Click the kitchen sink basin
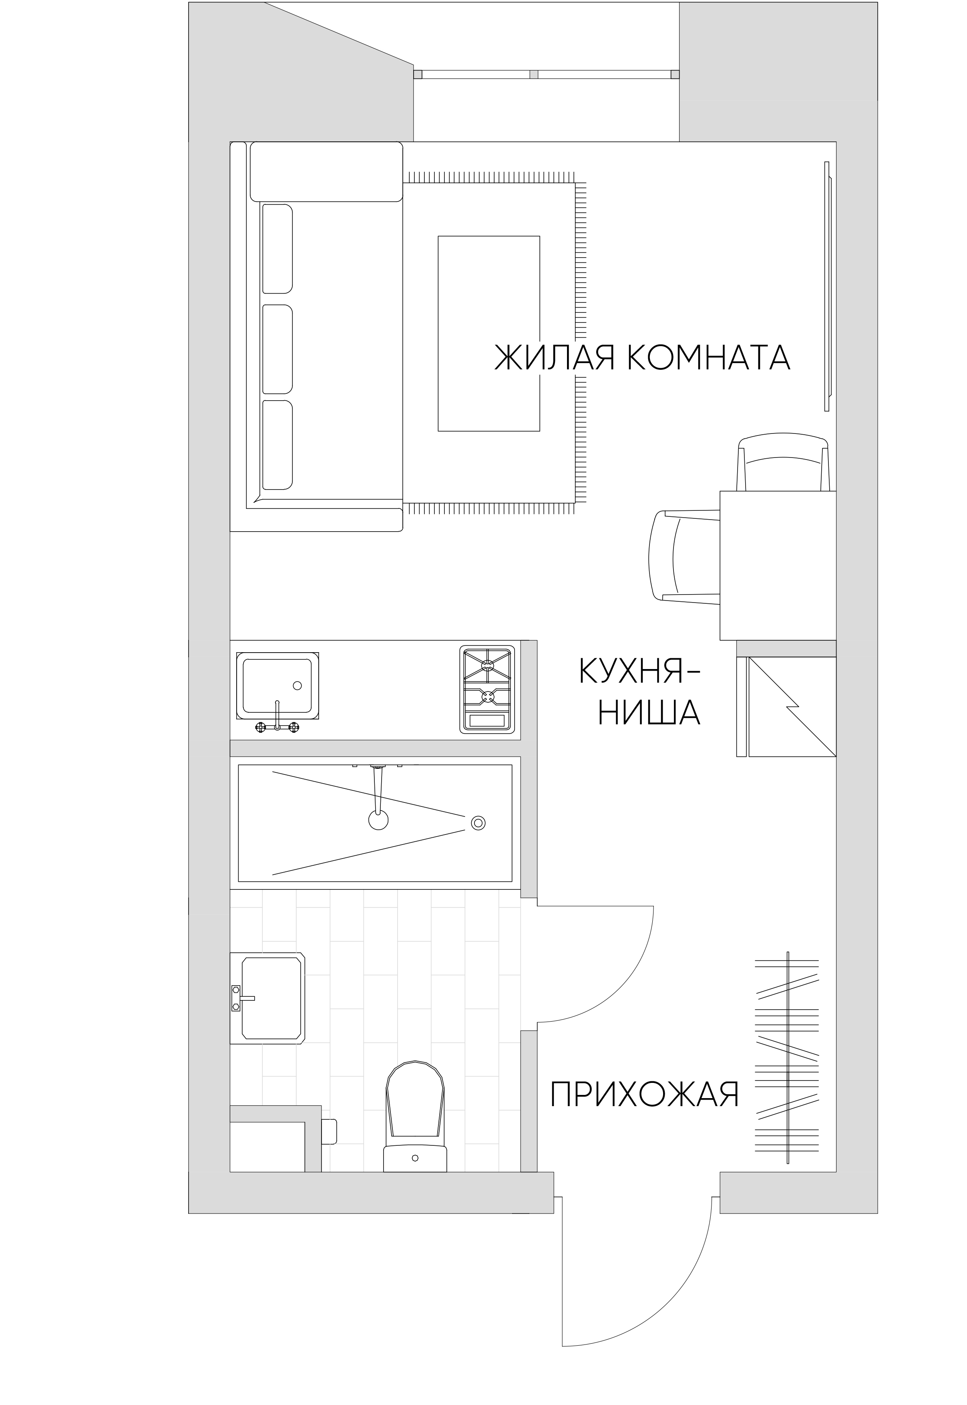(x=277, y=685)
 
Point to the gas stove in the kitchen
(x=487, y=689)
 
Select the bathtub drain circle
(x=478, y=822)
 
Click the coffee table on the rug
(x=489, y=333)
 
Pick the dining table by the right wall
(x=778, y=566)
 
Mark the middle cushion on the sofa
(x=277, y=349)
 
